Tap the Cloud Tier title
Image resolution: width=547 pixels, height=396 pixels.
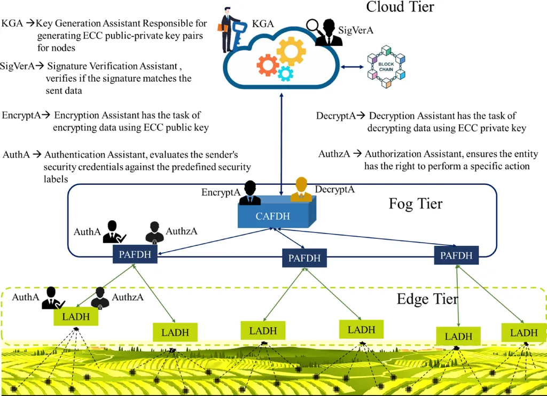tap(400, 7)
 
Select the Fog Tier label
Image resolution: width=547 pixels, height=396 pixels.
tap(415, 204)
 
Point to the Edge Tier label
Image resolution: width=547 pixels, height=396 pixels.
tap(427, 298)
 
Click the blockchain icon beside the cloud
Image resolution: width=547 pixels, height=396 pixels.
tap(386, 67)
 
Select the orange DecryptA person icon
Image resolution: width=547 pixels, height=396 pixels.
tap(301, 190)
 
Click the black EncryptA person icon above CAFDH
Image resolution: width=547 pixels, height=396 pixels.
tap(249, 193)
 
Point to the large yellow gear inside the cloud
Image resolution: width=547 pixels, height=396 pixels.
tap(291, 51)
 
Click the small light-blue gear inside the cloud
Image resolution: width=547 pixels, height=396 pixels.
tap(286, 73)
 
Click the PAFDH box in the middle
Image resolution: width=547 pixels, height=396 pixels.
tap(304, 258)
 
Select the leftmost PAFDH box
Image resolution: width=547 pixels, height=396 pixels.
tap(135, 254)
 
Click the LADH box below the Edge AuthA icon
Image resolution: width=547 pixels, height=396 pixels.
tap(76, 316)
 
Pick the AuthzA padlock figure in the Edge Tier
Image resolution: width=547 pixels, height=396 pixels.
tap(100, 298)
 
